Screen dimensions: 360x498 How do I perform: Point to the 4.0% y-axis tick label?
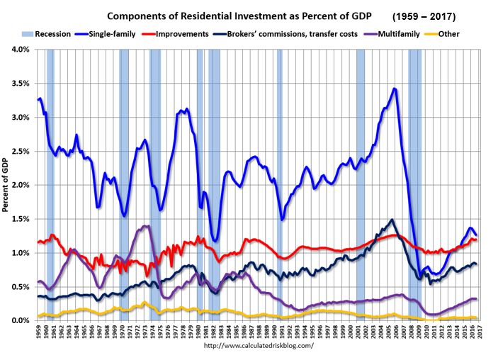pos(18,50)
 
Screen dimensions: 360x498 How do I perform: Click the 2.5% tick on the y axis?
pos(18,152)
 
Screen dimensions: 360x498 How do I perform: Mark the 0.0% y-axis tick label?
pos(18,321)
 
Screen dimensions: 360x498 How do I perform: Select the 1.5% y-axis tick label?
pos(18,219)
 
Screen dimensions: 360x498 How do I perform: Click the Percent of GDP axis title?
pos(6,184)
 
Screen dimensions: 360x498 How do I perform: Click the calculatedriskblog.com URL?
pos(258,347)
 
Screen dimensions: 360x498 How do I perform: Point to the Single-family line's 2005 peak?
pos(395,89)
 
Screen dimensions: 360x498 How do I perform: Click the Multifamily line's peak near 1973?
pos(146,226)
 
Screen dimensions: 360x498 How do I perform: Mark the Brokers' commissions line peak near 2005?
pos(391,220)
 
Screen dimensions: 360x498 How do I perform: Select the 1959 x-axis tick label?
pos(37,333)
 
